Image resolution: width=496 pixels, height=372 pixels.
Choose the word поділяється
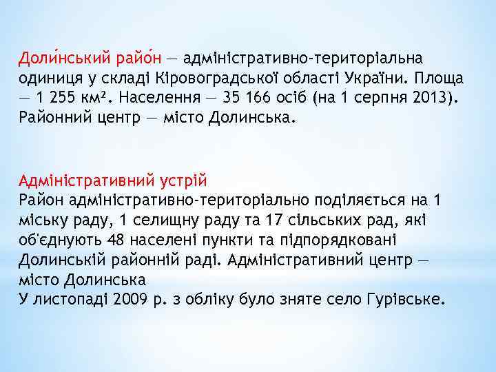pos(354,201)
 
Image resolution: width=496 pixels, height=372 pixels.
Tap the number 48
pos(116,240)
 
